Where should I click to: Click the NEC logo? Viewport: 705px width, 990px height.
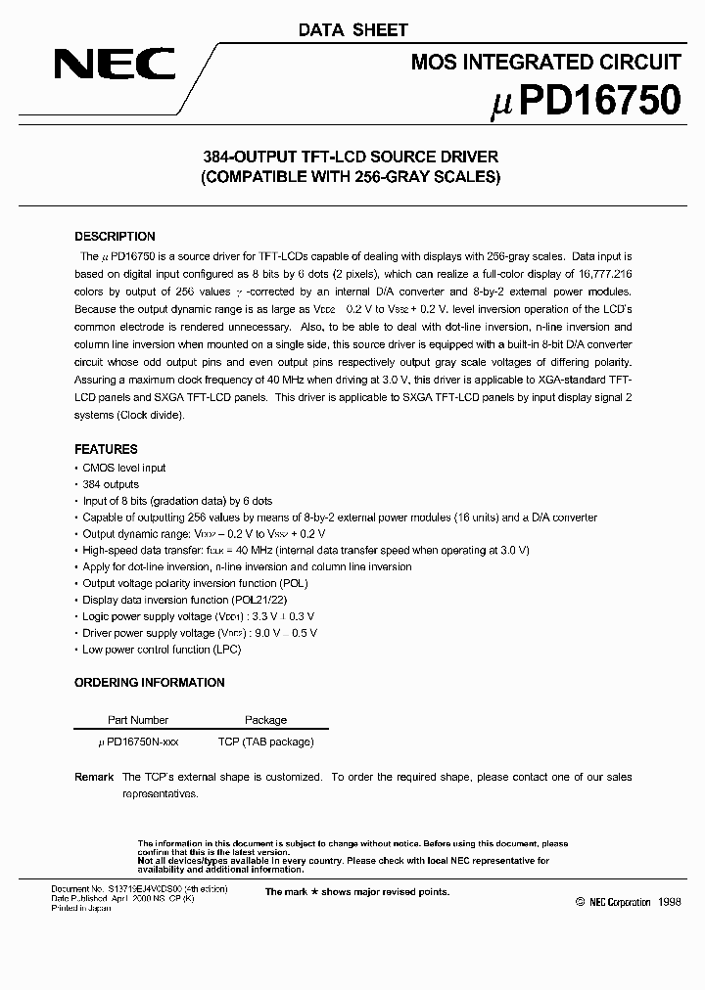[114, 66]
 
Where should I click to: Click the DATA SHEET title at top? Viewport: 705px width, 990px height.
[352, 30]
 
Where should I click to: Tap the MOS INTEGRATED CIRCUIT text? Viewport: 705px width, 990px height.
[545, 63]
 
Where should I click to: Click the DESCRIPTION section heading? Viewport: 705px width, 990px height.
[115, 237]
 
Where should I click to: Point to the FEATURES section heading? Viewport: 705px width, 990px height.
[106, 450]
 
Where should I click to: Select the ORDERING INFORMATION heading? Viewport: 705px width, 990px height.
[149, 683]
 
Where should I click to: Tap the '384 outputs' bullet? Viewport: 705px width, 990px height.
[111, 484]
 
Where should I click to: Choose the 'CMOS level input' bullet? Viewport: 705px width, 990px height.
[124, 468]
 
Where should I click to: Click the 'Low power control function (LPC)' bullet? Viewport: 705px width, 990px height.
[161, 650]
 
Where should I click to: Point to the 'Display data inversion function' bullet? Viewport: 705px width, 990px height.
[171, 600]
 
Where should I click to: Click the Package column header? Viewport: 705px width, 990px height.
[265, 720]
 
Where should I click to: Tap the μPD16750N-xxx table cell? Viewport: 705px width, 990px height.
[138, 742]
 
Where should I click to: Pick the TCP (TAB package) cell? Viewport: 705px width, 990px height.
[265, 742]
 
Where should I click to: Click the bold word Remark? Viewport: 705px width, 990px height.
[94, 777]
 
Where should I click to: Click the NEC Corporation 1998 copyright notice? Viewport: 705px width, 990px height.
[628, 903]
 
